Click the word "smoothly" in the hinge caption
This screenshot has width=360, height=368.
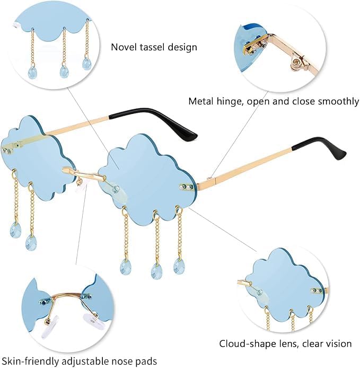[x=339, y=102]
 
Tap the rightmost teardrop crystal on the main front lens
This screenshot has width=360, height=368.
[x=178, y=266]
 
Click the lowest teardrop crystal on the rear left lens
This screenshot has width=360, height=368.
[x=31, y=242]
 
